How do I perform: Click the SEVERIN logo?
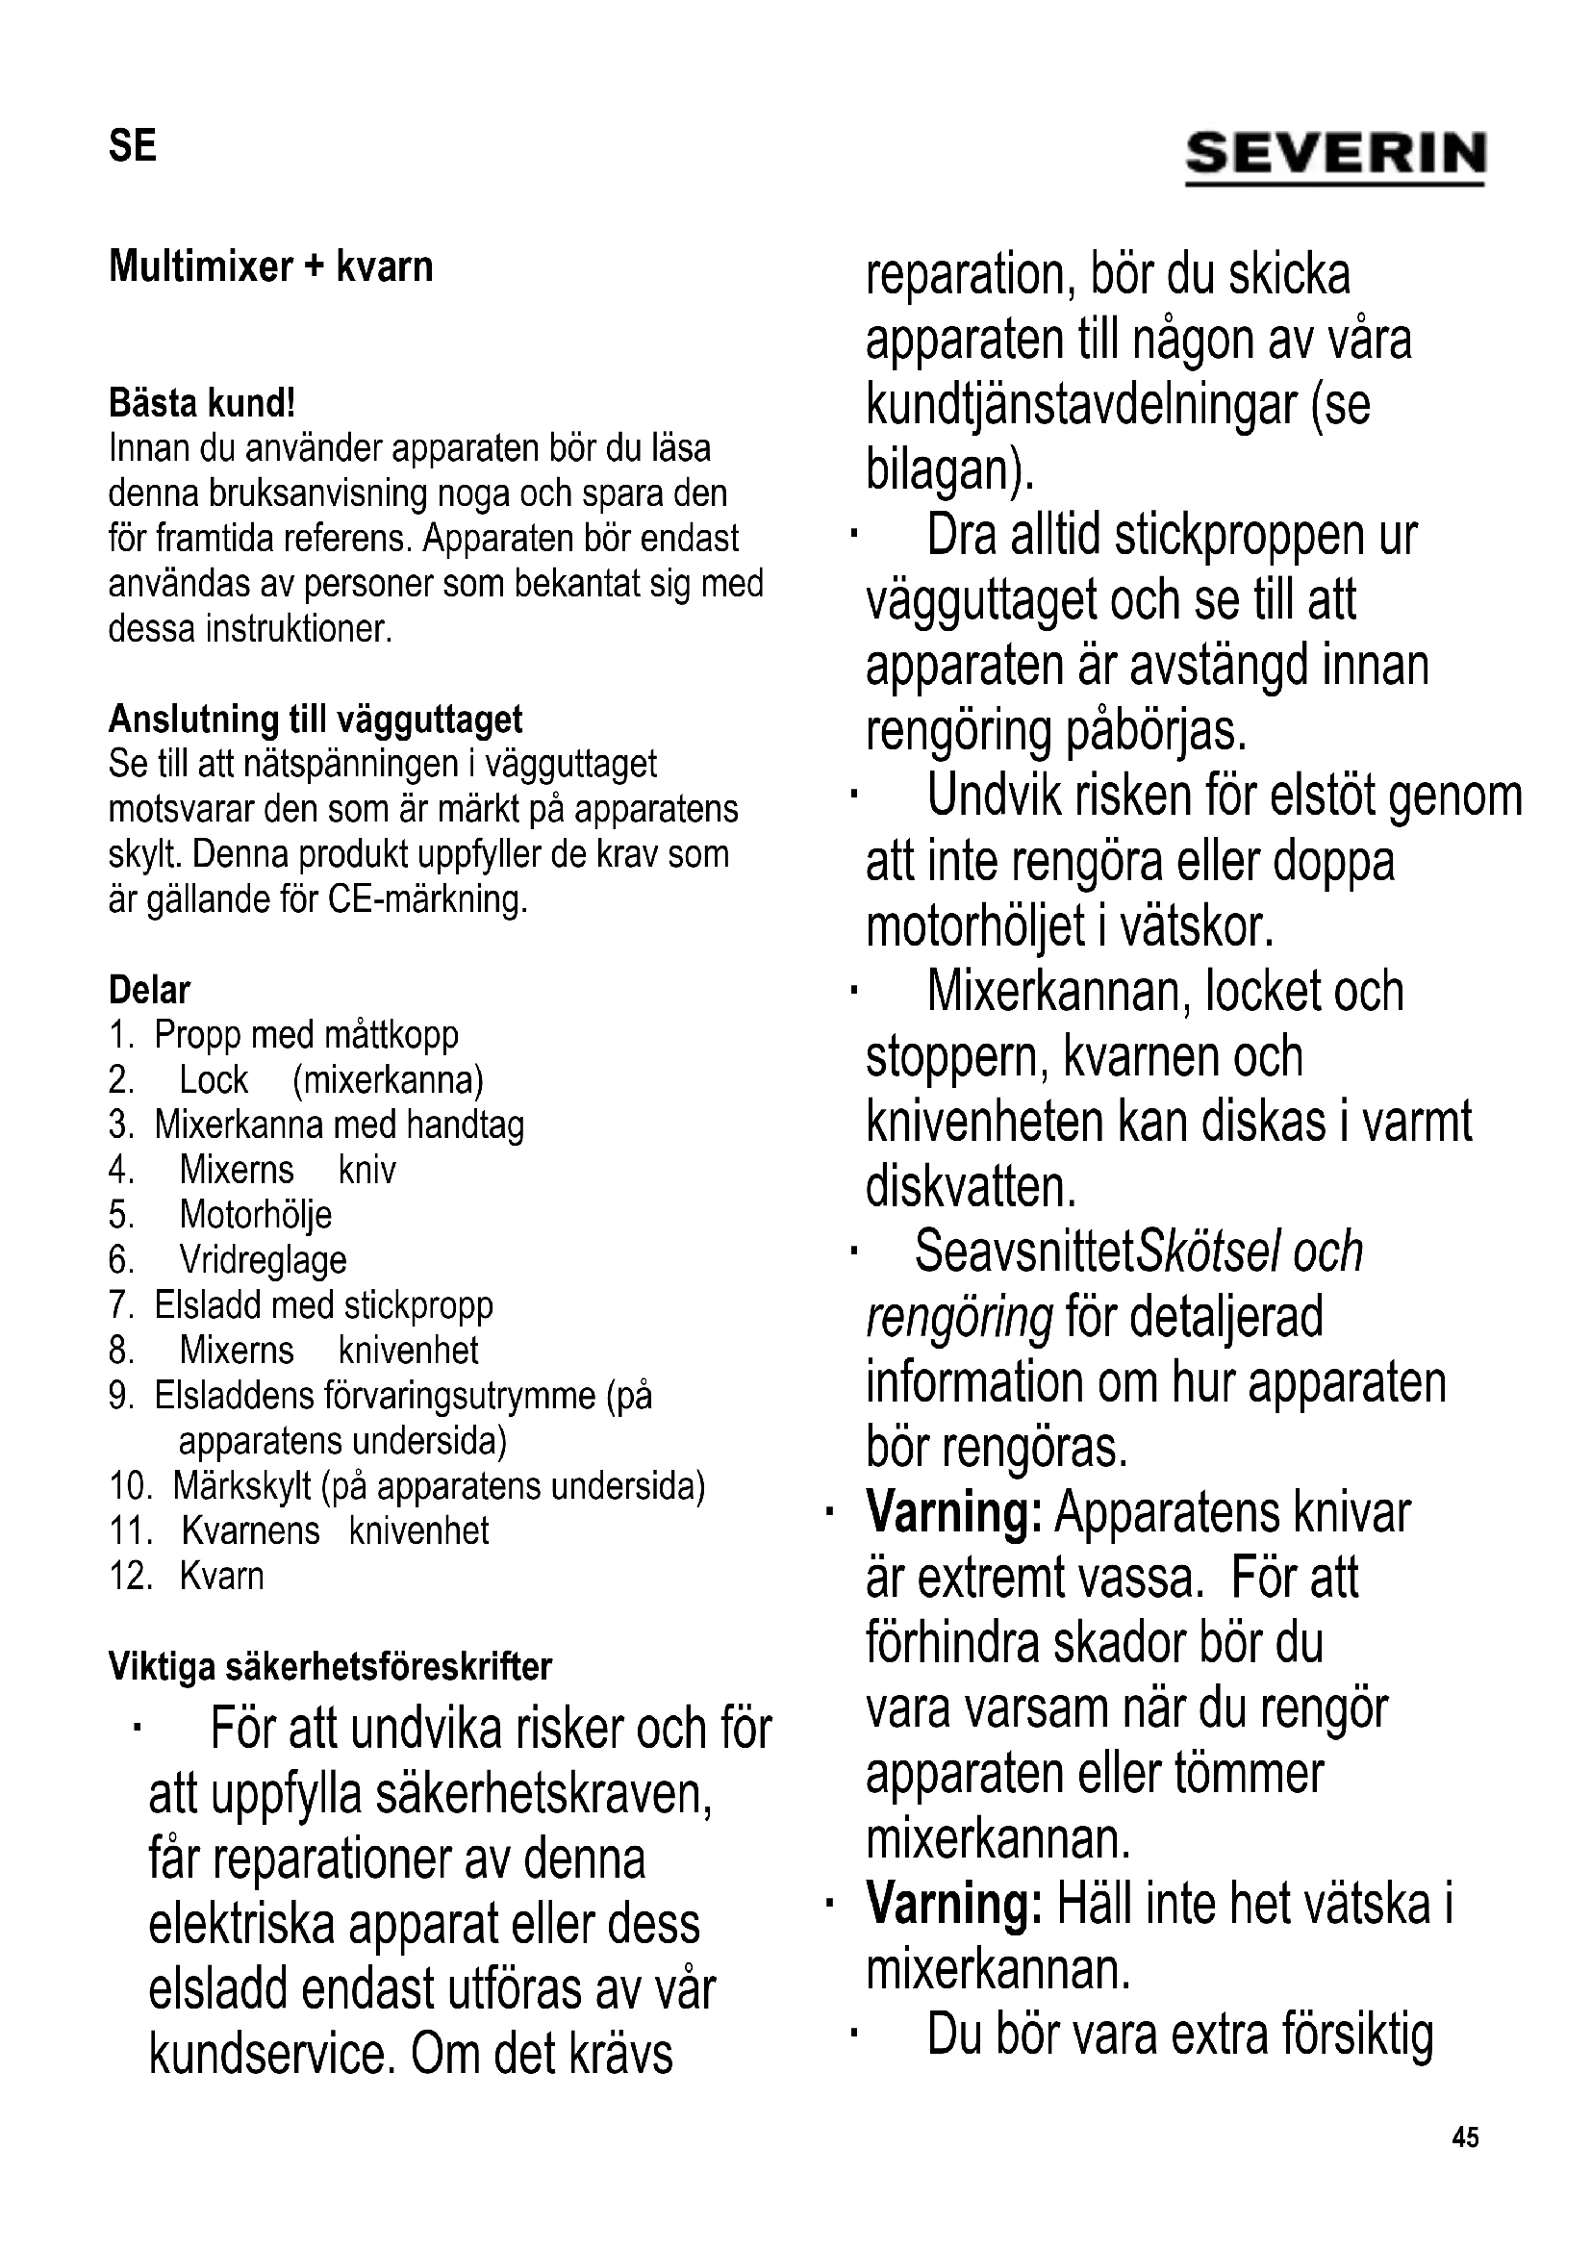pyautogui.click(x=1335, y=156)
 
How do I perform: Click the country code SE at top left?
pyautogui.click(x=132, y=147)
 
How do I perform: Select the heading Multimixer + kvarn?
pyautogui.click(x=270, y=266)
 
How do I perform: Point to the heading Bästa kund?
pyautogui.click(x=202, y=403)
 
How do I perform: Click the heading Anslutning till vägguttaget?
pyautogui.click(x=316, y=720)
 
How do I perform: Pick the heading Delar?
pyautogui.click(x=149, y=990)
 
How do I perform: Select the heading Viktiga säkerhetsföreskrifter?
pyautogui.click(x=330, y=1667)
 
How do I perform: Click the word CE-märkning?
pyautogui.click(x=428, y=899)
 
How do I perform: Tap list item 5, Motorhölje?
pyautogui.click(x=255, y=1215)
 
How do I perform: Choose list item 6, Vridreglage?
pyautogui.click(x=263, y=1260)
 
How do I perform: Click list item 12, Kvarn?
pyautogui.click(x=221, y=1577)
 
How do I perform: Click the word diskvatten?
pyautogui.click(x=971, y=1187)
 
